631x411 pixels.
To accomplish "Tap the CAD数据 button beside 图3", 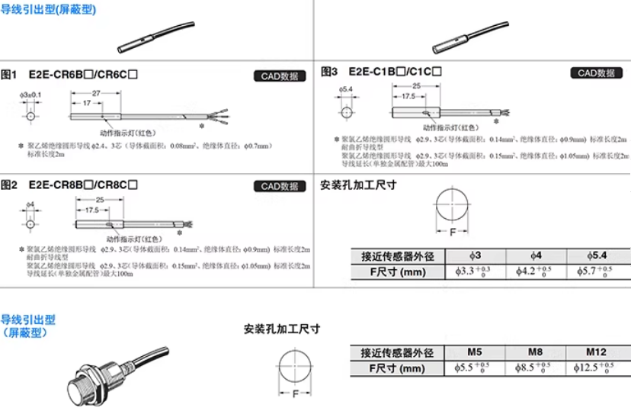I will click(596, 73).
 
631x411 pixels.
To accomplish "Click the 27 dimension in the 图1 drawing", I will click(97, 92).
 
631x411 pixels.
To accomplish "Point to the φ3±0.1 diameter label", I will click(30, 95).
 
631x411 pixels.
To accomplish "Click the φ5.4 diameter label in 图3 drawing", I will click(345, 89).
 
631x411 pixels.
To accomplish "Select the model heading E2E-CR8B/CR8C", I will click(84, 185).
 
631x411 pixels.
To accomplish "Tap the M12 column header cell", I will click(597, 353).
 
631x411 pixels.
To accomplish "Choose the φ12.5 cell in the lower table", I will click(597, 368).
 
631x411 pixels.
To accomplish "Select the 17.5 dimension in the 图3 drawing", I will click(408, 97).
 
